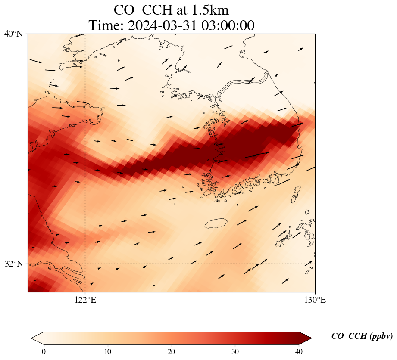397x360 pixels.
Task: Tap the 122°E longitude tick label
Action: pos(85,300)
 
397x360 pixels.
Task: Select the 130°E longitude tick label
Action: pos(315,300)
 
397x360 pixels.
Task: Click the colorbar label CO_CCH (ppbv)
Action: pos(362,336)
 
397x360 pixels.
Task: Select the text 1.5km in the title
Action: pos(210,10)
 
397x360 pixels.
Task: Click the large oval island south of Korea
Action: pos(216,223)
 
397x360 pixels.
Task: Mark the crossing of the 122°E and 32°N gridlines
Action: pos(85,264)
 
